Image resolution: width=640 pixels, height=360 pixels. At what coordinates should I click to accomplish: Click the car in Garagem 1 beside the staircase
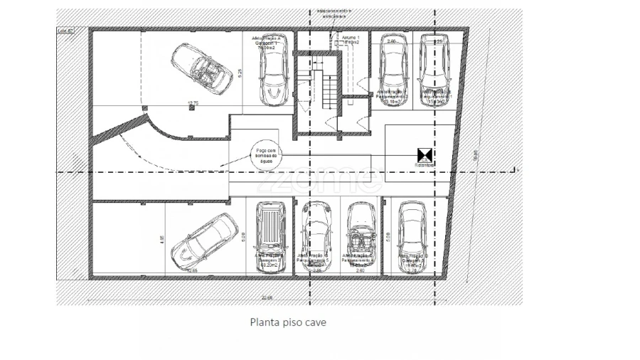[x=274, y=76]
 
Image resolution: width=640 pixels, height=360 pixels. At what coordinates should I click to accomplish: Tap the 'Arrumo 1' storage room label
[x=351, y=37]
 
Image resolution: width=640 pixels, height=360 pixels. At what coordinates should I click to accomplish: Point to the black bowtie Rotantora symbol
[x=425, y=154]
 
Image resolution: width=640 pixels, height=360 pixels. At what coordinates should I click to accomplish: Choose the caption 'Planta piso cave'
[x=288, y=322]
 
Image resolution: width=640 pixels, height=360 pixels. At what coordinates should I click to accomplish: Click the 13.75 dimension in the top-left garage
[x=191, y=105]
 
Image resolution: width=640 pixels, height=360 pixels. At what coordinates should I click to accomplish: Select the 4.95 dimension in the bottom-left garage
[x=162, y=240]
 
